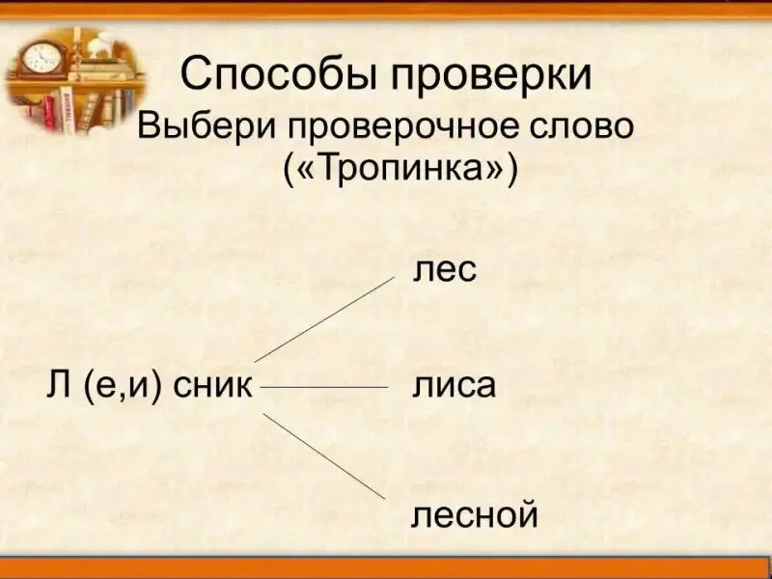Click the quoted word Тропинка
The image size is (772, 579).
[400, 169]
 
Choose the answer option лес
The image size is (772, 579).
[445, 270]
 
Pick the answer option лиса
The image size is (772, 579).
[454, 386]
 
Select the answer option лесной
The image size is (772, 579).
[474, 515]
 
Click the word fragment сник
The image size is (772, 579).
[212, 385]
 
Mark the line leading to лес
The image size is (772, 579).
[324, 319]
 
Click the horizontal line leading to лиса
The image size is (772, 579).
[324, 388]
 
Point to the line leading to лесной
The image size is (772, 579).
[324, 455]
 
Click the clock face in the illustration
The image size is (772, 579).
[42, 58]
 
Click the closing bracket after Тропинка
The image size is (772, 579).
[512, 171]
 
